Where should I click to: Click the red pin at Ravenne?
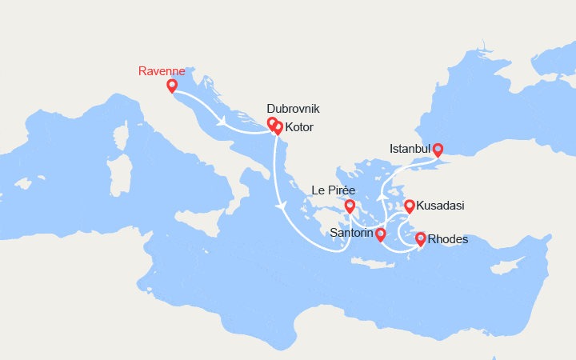(171, 86)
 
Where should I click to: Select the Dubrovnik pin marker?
(272, 123)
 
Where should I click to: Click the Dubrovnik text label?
(293, 108)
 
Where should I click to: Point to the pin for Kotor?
(278, 126)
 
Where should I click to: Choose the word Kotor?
(298, 128)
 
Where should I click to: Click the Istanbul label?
(410, 149)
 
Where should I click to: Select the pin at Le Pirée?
(350, 206)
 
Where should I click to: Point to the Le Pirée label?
(333, 190)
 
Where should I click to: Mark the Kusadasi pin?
(410, 206)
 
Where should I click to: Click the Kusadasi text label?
(441, 206)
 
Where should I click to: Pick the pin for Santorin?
(380, 234)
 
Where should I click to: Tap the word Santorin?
(352, 234)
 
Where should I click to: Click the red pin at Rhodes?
(421, 238)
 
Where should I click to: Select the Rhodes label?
(448, 238)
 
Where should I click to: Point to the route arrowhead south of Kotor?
(281, 206)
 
